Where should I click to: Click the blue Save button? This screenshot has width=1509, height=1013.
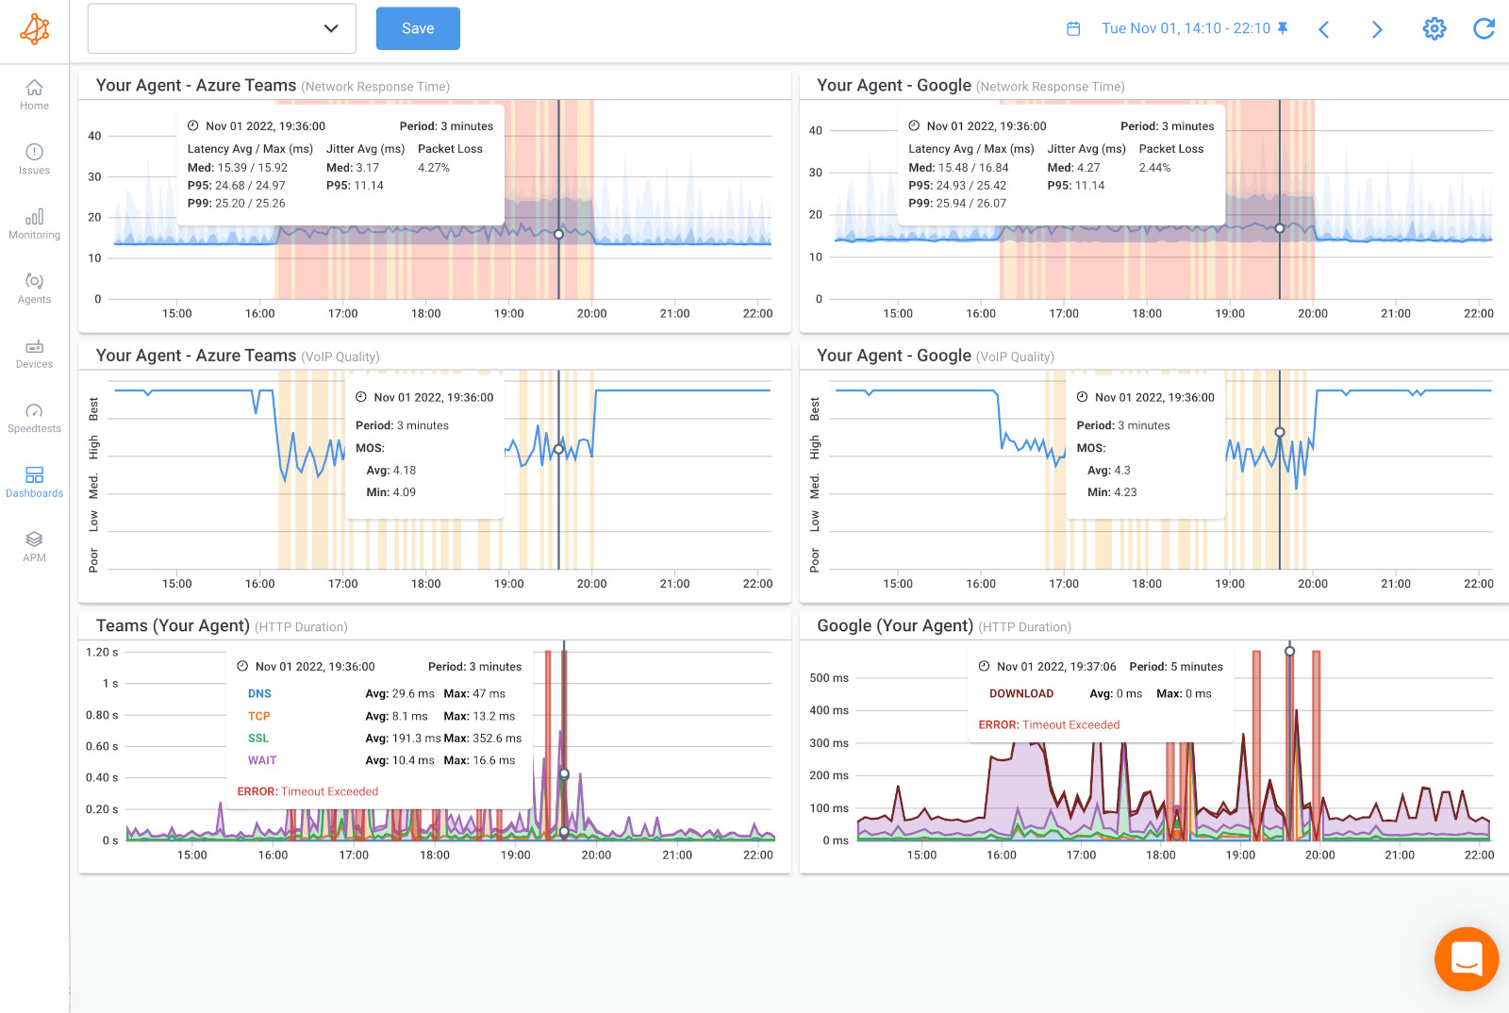coord(418,28)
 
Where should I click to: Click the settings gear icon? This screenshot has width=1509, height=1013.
coord(1434,28)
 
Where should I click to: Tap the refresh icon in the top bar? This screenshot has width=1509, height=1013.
coord(1484,28)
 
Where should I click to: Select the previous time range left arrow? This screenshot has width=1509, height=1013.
coord(1324,29)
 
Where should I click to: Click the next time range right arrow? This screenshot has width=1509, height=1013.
coord(1377,29)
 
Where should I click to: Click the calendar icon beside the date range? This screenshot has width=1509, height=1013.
coord(1073,28)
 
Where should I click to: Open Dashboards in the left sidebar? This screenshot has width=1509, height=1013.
coord(34,481)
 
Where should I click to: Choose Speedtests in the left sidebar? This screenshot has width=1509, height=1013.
coord(34,417)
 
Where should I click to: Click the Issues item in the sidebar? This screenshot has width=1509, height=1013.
coord(34,158)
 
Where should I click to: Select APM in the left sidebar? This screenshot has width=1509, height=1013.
coord(34,546)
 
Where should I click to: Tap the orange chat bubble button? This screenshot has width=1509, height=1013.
coord(1466,959)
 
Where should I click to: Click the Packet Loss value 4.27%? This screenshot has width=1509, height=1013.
coord(434,168)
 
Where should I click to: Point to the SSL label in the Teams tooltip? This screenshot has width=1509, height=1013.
coord(258,739)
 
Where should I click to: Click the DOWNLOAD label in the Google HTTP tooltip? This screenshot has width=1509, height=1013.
coord(1021,693)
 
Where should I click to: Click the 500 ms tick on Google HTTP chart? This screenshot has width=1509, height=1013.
coord(829,678)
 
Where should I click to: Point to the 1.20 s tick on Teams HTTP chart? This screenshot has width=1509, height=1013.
coord(102,652)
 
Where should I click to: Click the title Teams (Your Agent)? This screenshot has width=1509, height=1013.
coord(173,625)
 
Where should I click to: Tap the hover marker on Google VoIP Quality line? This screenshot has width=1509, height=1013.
coord(1280,432)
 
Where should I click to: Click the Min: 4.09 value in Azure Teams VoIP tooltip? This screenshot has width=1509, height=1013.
coord(390,492)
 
